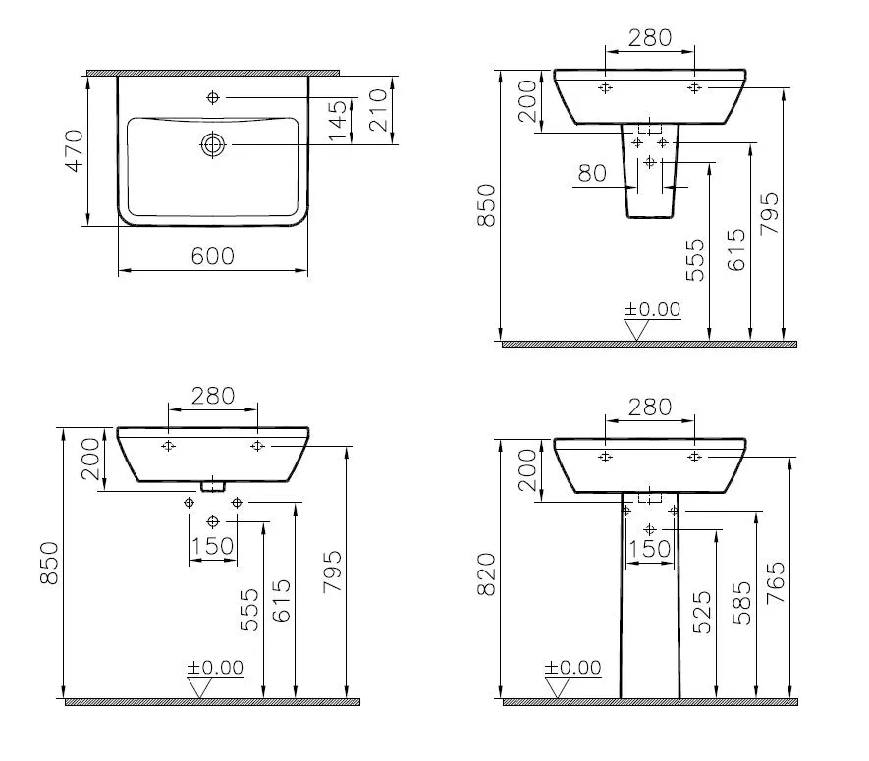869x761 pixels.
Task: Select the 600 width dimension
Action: pyautogui.click(x=212, y=256)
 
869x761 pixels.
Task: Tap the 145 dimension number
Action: pyautogui.click(x=338, y=121)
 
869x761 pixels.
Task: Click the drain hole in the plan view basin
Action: pyautogui.click(x=213, y=145)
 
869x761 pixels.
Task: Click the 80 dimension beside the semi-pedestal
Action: pyautogui.click(x=592, y=174)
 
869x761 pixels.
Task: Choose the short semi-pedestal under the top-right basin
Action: pyautogui.click(x=649, y=172)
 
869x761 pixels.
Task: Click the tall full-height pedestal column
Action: pyautogui.click(x=649, y=599)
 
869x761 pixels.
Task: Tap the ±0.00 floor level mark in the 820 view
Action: pyautogui.click(x=574, y=669)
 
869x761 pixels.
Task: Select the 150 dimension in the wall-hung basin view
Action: pyautogui.click(x=212, y=546)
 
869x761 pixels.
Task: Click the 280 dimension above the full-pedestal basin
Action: pyautogui.click(x=649, y=406)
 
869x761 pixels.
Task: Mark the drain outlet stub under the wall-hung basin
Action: pyautogui.click(x=213, y=486)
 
